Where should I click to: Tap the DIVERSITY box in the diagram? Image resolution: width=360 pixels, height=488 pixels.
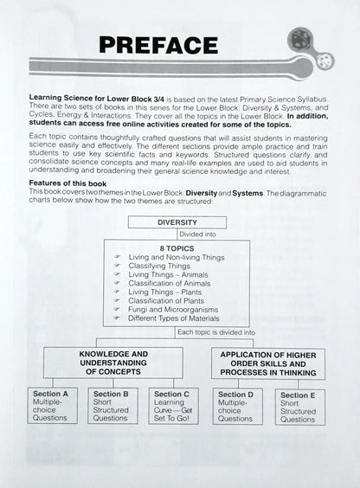coord(177,222)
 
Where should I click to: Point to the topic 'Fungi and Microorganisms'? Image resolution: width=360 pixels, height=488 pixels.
coord(170,309)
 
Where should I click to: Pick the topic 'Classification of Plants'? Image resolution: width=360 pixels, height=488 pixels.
coord(167,299)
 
